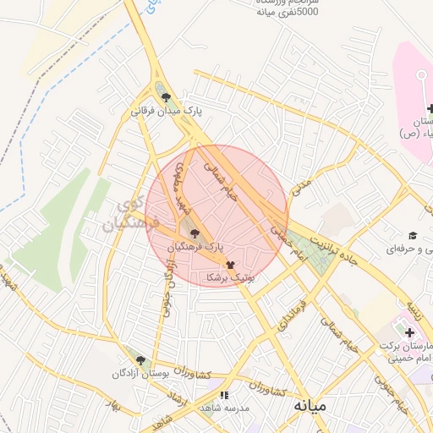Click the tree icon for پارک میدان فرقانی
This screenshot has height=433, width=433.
coord(165,97)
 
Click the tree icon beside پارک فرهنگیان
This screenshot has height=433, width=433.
coord(195,233)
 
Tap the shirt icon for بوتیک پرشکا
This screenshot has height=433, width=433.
coord(231,264)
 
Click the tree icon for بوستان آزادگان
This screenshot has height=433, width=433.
coord(140,360)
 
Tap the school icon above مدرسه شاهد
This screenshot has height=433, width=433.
coord(223,395)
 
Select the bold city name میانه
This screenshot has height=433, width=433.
coord(310,406)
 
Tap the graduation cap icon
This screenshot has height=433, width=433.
coord(413,235)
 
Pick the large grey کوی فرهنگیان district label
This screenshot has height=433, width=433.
coord(123,216)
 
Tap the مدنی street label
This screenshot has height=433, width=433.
coord(303,188)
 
